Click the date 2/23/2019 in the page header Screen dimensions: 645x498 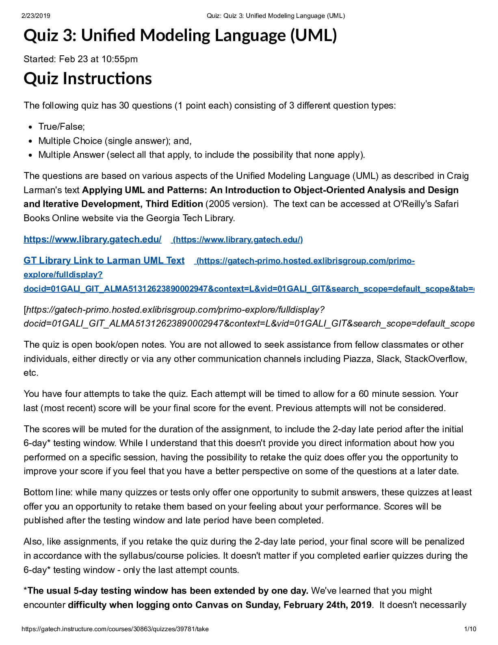(36, 16)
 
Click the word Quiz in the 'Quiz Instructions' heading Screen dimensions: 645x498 (41, 78)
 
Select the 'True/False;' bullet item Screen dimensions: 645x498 (61, 127)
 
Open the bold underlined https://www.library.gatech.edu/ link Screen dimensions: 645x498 (93, 240)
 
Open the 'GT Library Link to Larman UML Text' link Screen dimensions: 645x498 (104, 261)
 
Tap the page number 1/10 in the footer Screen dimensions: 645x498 (470, 629)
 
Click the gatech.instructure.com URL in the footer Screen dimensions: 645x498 (115, 629)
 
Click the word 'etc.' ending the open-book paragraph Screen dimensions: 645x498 (31, 373)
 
